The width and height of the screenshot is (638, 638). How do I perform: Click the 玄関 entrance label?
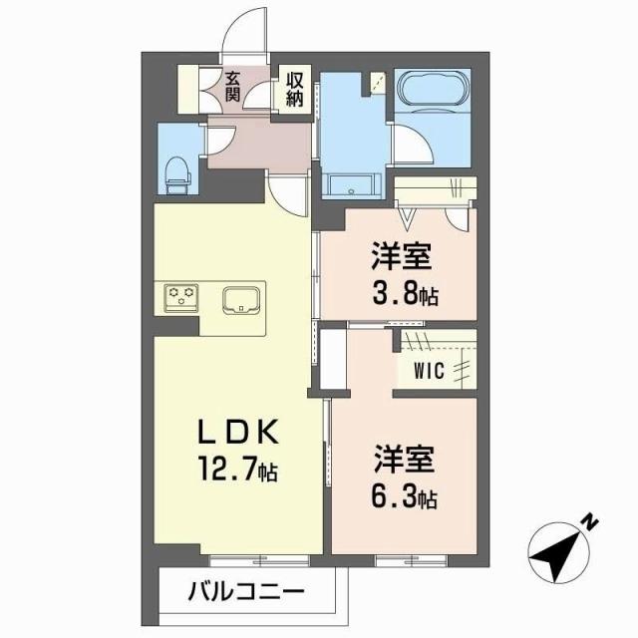click(x=232, y=88)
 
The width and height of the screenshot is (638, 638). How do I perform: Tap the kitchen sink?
click(x=241, y=298)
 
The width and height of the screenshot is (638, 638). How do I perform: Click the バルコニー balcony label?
click(x=245, y=591)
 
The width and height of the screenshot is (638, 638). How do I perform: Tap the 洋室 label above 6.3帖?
click(x=404, y=462)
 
